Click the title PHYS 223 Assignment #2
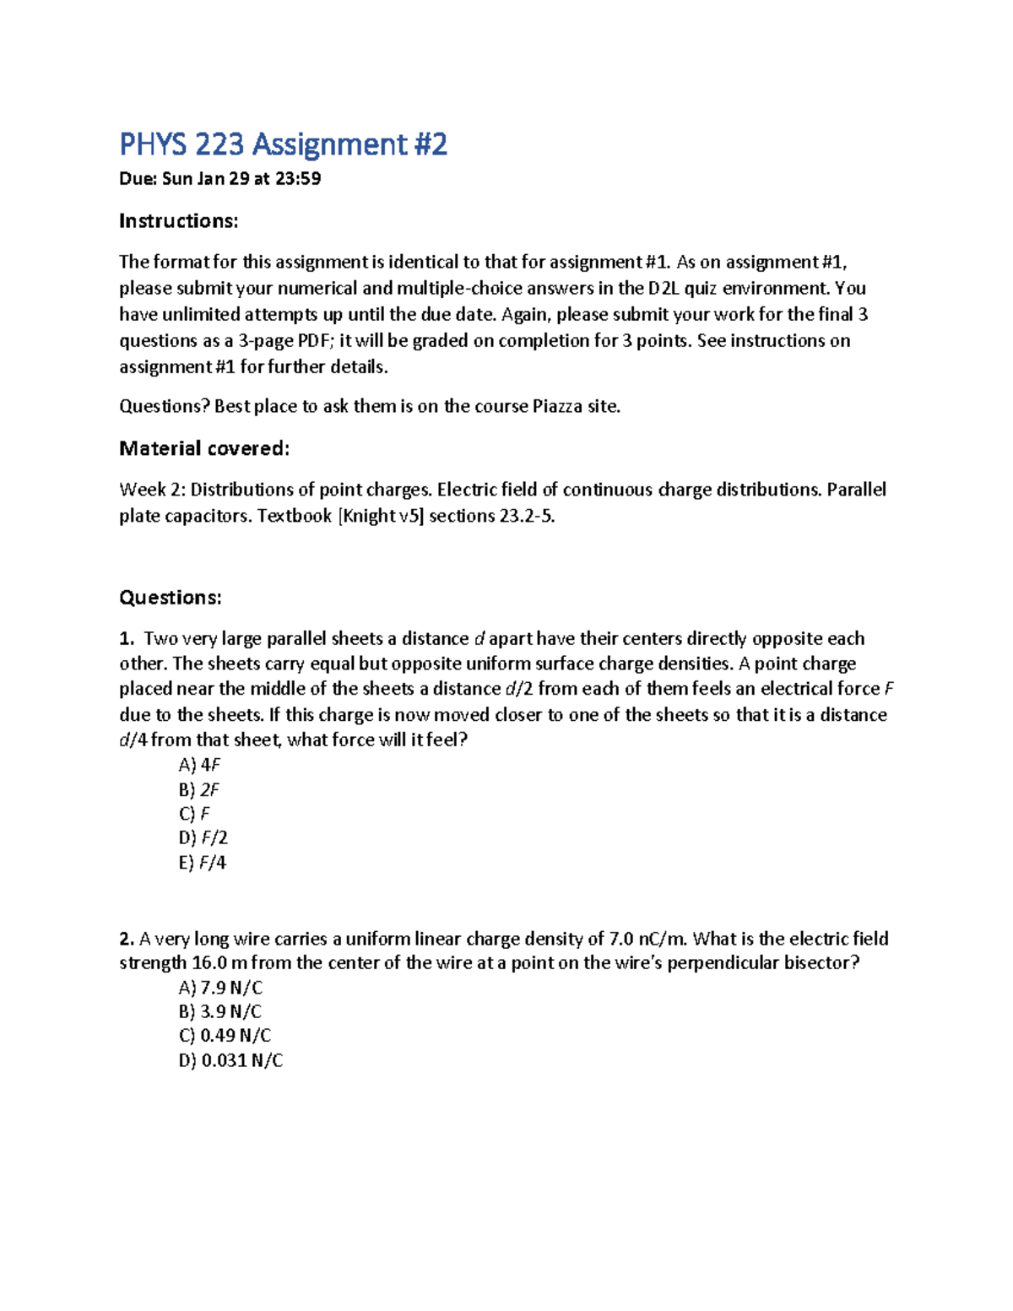point(283,144)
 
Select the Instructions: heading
point(178,221)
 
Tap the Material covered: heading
point(204,448)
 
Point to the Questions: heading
point(170,598)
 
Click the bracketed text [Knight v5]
point(380,516)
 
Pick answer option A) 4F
point(199,765)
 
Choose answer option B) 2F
point(199,790)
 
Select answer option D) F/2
point(203,837)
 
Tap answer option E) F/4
point(203,863)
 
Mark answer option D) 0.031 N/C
point(230,1060)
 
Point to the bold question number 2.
point(127,939)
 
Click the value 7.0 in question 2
point(621,939)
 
